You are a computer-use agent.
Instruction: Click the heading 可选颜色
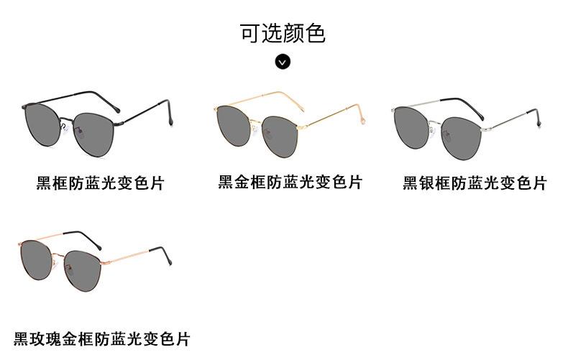point(283,33)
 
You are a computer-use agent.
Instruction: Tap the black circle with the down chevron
point(283,62)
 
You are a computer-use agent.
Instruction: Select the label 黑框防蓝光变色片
point(101,183)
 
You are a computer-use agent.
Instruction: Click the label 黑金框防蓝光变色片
point(290,182)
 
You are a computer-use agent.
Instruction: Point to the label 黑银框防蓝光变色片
point(475,183)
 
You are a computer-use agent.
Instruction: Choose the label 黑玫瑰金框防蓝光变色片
point(102,338)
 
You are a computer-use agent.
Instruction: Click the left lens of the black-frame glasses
point(42,122)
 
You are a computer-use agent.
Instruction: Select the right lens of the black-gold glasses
point(280,135)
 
